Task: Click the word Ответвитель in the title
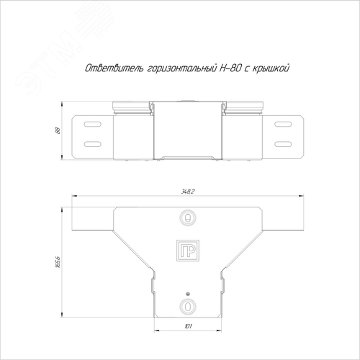coord(114,68)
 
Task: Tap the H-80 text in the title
coord(230,68)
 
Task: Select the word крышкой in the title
coord(271,68)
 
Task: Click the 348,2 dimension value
coord(187,192)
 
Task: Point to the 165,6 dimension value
coord(58,262)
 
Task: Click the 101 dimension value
coord(188,326)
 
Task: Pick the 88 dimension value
coord(58,130)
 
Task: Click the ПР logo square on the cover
coord(188,250)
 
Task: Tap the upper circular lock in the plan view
coord(188,217)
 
